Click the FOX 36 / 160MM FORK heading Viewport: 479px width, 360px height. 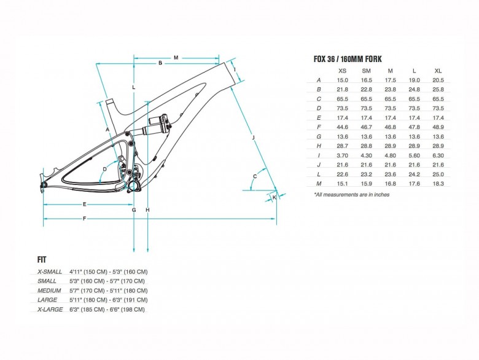point(348,59)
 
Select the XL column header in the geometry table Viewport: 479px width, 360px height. point(438,71)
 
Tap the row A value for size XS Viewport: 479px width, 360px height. point(343,80)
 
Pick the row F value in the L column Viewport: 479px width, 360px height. point(415,127)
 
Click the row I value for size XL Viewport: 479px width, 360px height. point(438,155)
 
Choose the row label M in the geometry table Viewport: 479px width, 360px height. point(319,184)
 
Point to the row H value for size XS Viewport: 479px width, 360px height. point(343,146)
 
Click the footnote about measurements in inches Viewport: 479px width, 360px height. point(352,195)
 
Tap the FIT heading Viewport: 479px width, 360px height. point(42,260)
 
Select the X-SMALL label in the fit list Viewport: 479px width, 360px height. point(50,272)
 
